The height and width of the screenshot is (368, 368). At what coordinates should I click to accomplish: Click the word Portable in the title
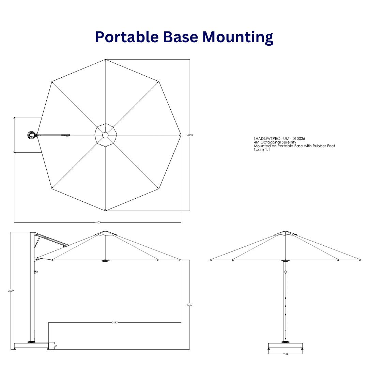pos(126,37)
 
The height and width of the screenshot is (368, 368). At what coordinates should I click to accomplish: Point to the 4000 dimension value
pos(190,135)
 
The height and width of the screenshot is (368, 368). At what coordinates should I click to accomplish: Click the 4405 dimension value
pos(98,223)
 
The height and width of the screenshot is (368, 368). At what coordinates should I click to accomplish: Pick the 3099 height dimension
pos(11,291)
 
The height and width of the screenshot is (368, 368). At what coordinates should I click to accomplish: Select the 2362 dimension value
pos(189,305)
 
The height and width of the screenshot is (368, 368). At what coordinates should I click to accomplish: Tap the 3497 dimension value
pos(115,322)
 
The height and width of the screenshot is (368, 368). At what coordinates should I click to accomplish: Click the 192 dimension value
pos(54,346)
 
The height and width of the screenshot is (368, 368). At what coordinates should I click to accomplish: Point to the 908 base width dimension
pos(286,354)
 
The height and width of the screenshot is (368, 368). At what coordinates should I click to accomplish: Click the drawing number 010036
pos(298,138)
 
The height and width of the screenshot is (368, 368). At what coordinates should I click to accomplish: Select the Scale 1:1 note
pos(262,150)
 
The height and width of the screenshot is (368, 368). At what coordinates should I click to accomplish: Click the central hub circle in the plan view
pos(105,135)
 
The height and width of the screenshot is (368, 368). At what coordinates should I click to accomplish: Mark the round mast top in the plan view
pos(32,135)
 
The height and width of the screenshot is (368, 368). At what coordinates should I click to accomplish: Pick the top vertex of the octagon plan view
pos(105,60)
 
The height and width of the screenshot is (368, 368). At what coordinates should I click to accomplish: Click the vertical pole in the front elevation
pos(285,300)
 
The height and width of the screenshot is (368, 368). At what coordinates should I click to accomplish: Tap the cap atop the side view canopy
pos(105,233)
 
